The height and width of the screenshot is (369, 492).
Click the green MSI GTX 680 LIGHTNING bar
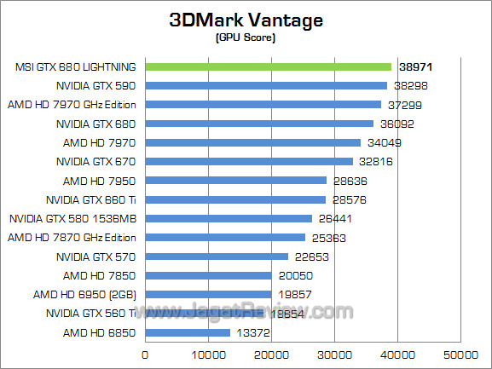point(269,66)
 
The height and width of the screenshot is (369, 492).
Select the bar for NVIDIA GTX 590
point(266,85)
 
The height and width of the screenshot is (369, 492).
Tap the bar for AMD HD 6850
point(188,332)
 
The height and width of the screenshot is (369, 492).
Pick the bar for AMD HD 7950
point(236,181)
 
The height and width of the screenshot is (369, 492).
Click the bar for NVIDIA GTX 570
point(217,257)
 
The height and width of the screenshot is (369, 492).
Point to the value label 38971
point(414,66)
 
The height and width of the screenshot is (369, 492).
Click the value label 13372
point(252,332)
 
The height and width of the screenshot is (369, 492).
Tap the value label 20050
point(295,275)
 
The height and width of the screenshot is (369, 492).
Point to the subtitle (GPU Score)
point(246,37)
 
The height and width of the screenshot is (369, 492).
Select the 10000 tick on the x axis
point(209,353)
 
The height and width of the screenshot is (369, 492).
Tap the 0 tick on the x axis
point(146,353)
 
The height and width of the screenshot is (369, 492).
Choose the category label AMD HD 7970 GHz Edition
point(73,105)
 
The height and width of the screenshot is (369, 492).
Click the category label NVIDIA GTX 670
point(96,161)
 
